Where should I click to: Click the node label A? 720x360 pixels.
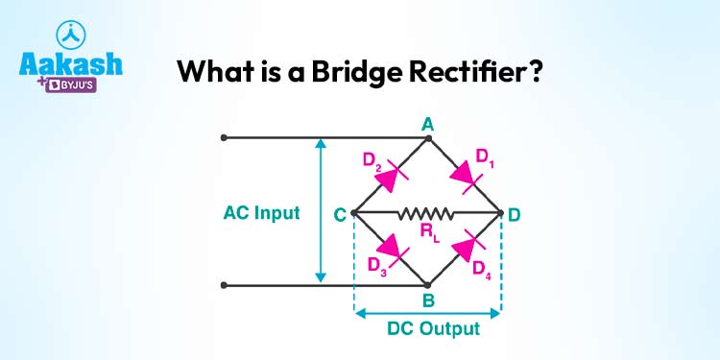coord(428,124)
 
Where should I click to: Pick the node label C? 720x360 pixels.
coord(340,215)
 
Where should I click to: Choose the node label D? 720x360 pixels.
coord(515,215)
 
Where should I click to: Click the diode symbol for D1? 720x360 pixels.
coord(467,176)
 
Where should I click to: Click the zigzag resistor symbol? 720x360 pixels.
coord(427,212)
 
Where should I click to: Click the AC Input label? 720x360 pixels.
coord(262,213)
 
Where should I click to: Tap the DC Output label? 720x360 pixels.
coord(428,328)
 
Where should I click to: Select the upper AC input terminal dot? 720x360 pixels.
coord(224,138)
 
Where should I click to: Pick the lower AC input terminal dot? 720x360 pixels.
coord(224,285)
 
